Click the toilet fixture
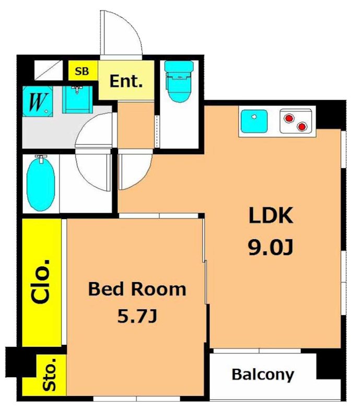coord(179,81)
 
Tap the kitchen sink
coord(254,121)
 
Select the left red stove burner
coord(289,118)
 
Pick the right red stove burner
coord(301,126)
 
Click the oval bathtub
coord(41,184)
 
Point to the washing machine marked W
coord(38,101)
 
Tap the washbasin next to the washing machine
coord(78,100)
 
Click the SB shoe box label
coord(82,72)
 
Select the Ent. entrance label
coord(126,82)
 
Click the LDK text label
coord(271,215)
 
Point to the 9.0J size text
coord(271,247)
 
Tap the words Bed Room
coord(137,289)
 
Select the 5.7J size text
coord(137,317)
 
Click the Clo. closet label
coord(41,281)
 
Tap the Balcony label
coord(263,375)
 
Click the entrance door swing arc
coord(133,24)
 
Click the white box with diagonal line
coord(49,70)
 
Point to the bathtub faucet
coord(41,158)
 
